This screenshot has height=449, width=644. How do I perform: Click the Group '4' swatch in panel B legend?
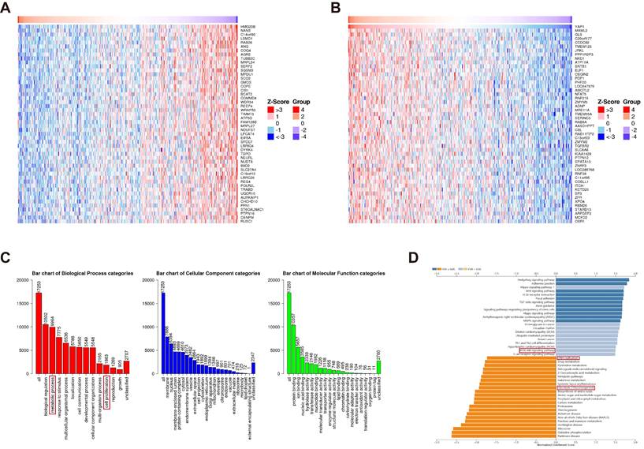(x=630, y=110)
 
